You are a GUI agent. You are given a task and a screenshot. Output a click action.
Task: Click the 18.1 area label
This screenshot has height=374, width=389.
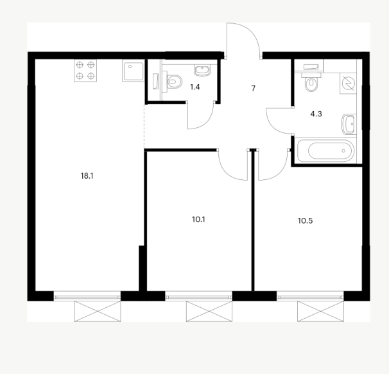pyautogui.click(x=87, y=176)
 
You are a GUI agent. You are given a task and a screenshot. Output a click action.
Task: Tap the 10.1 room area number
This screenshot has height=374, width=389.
pyautogui.click(x=198, y=220)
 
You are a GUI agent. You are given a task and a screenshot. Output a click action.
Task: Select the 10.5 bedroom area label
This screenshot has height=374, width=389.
pyautogui.click(x=305, y=221)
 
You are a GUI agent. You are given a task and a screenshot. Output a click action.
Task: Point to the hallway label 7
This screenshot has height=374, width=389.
pyautogui.click(x=254, y=89)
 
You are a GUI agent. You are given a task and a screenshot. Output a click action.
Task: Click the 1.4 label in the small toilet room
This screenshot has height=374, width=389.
pyautogui.click(x=195, y=87)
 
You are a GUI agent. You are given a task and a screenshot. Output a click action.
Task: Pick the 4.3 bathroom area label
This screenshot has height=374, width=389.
pyautogui.click(x=316, y=114)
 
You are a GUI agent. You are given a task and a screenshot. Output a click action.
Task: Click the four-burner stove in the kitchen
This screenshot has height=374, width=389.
pyautogui.click(x=85, y=71)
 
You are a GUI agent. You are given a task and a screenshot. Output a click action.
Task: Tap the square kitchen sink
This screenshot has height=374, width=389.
pyautogui.click(x=134, y=71)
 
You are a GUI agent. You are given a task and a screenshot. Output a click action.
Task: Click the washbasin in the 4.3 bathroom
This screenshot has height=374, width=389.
pyautogui.click(x=349, y=124)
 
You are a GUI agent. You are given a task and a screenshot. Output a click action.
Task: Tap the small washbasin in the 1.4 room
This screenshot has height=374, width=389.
pyautogui.click(x=202, y=70)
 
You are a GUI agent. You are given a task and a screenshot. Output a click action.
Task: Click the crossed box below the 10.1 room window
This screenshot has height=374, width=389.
pyautogui.click(x=209, y=311)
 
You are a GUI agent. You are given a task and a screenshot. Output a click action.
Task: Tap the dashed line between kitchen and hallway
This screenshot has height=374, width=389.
pyautogui.click(x=144, y=126)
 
